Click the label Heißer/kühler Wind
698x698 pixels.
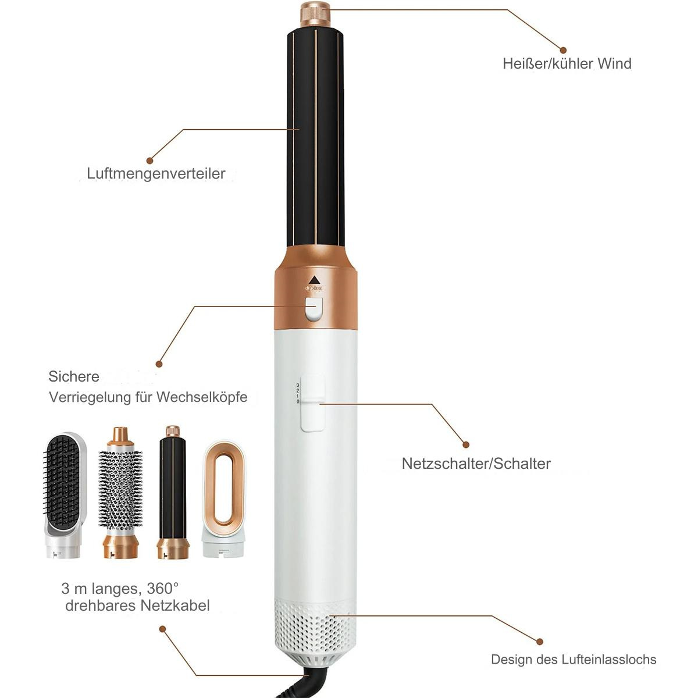click(567, 64)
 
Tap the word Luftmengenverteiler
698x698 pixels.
click(156, 173)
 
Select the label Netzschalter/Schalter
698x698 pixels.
click(476, 464)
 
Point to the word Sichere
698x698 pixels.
click(74, 376)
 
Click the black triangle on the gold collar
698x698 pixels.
click(315, 279)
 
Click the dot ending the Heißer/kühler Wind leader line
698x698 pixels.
click(563, 51)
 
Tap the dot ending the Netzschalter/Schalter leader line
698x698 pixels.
click(466, 444)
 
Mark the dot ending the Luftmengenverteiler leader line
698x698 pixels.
click(150, 160)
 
